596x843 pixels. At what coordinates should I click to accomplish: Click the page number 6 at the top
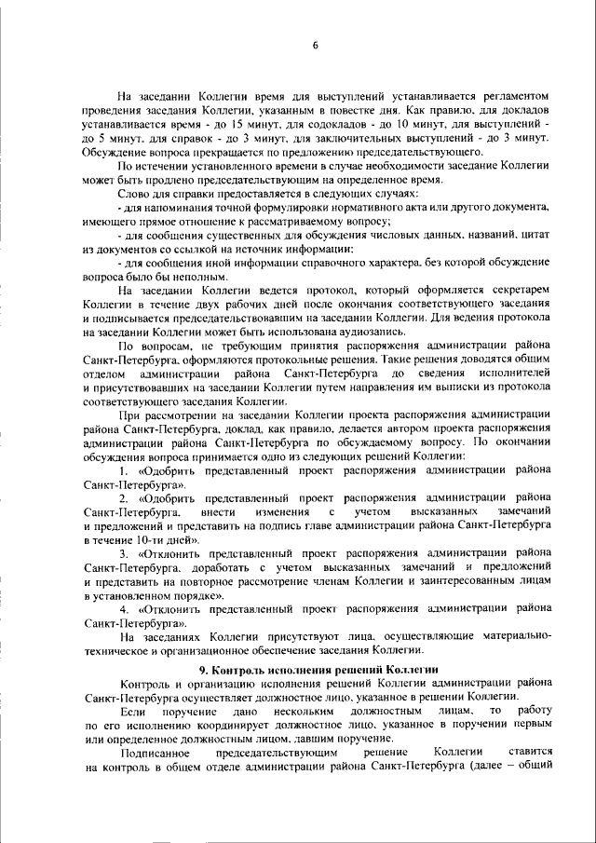click(x=316, y=46)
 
